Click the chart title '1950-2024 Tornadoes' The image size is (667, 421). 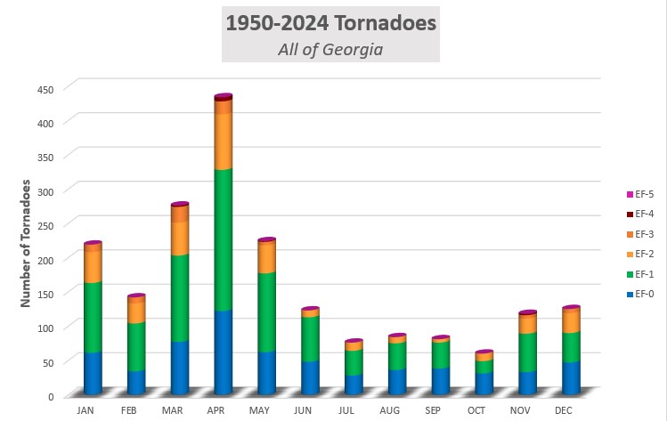tap(330, 22)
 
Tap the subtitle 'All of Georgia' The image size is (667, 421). tap(330, 49)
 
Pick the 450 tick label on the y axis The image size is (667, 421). tap(45, 88)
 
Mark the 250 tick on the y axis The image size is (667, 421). tap(45, 225)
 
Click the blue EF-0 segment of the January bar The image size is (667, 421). tap(93, 372)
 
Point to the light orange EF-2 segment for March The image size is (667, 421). tap(180, 238)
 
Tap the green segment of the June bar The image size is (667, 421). tap(310, 337)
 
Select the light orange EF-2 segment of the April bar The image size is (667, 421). tap(223, 142)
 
